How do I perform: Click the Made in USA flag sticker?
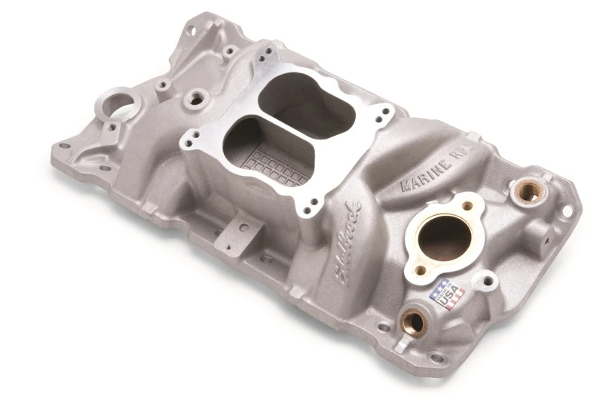[447, 294]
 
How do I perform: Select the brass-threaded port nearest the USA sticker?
[413, 323]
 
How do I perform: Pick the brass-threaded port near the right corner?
[527, 192]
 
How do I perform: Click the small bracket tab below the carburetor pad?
[243, 227]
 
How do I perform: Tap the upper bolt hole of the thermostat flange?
[468, 206]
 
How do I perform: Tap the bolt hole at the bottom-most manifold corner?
[436, 357]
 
